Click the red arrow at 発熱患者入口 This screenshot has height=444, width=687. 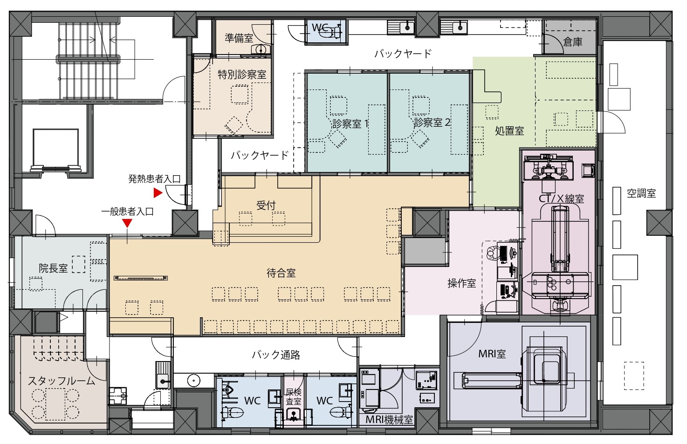click(x=158, y=193)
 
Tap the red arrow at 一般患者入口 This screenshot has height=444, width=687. click(x=127, y=223)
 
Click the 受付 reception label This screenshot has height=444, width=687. click(x=266, y=205)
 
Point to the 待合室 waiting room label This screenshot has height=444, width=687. click(x=281, y=273)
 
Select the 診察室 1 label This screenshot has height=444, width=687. click(x=350, y=124)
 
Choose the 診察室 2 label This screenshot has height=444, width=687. click(x=432, y=123)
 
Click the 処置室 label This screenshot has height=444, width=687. click(x=509, y=131)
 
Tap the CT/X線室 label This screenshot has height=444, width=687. click(x=561, y=198)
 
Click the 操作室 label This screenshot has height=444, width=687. click(x=461, y=283)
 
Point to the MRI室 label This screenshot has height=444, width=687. click(x=492, y=354)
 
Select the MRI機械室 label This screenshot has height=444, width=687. click(x=389, y=419)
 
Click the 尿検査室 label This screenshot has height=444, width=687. click(x=294, y=397)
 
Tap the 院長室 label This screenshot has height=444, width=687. click(x=53, y=268)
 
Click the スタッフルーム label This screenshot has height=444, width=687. click(x=62, y=381)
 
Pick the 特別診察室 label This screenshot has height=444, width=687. click(x=242, y=75)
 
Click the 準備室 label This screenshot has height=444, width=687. click(x=239, y=38)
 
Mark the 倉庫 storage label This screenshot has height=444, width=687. click(x=573, y=42)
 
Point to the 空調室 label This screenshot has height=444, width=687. click(x=641, y=193)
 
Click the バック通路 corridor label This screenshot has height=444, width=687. click(x=276, y=355)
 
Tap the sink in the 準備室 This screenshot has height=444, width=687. click(x=261, y=49)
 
